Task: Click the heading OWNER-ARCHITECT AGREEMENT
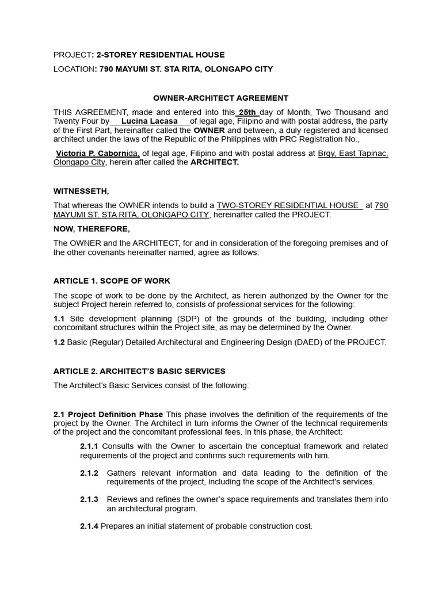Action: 221,98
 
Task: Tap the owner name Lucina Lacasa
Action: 150,121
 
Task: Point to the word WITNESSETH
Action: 81,191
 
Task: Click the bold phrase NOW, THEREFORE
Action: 92,229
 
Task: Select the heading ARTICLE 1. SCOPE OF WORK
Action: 112,281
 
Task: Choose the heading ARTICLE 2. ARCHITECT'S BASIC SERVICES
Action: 139,371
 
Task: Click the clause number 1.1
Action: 59,319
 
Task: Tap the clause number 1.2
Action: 59,342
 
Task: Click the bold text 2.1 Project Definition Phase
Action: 108,414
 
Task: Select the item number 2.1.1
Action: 89,446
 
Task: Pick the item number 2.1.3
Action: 89,499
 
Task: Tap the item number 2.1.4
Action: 89,526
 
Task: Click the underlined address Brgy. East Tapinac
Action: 353,154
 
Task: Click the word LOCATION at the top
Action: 74,69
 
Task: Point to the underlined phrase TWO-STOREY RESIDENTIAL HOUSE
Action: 288,205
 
